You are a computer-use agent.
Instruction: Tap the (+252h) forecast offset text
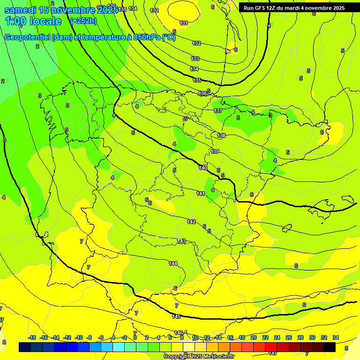coord(83,21)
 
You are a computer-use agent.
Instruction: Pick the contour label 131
coord(184,23)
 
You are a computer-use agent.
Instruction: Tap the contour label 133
coord(195,59)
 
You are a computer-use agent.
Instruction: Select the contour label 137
coord(218,111)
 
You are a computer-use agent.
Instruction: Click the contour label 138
coord(221,135)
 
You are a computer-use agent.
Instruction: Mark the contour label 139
coord(215,151)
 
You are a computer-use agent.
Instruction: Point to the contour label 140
coord(203,168)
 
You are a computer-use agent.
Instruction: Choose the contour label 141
coord(201,194)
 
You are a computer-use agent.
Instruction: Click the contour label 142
coord(191,222)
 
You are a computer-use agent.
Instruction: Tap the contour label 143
coord(181,241)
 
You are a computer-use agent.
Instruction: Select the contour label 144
coord(173,263)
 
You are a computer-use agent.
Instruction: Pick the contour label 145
coord(176,317)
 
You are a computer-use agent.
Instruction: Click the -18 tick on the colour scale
coord(32,337)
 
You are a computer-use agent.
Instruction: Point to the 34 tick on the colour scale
coord(336,337)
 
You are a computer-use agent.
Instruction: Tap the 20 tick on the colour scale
coord(253,337)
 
